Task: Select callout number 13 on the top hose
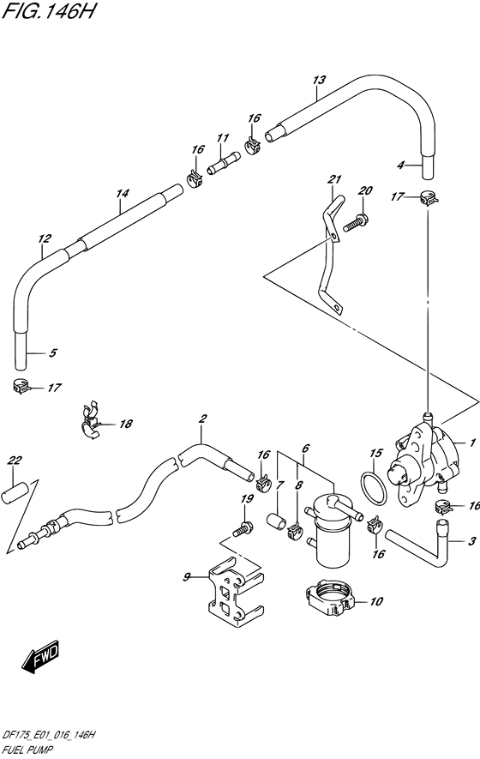(x=319, y=81)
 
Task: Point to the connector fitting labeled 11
(x=226, y=161)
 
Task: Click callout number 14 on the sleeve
(x=122, y=195)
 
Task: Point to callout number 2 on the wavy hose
(x=202, y=419)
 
